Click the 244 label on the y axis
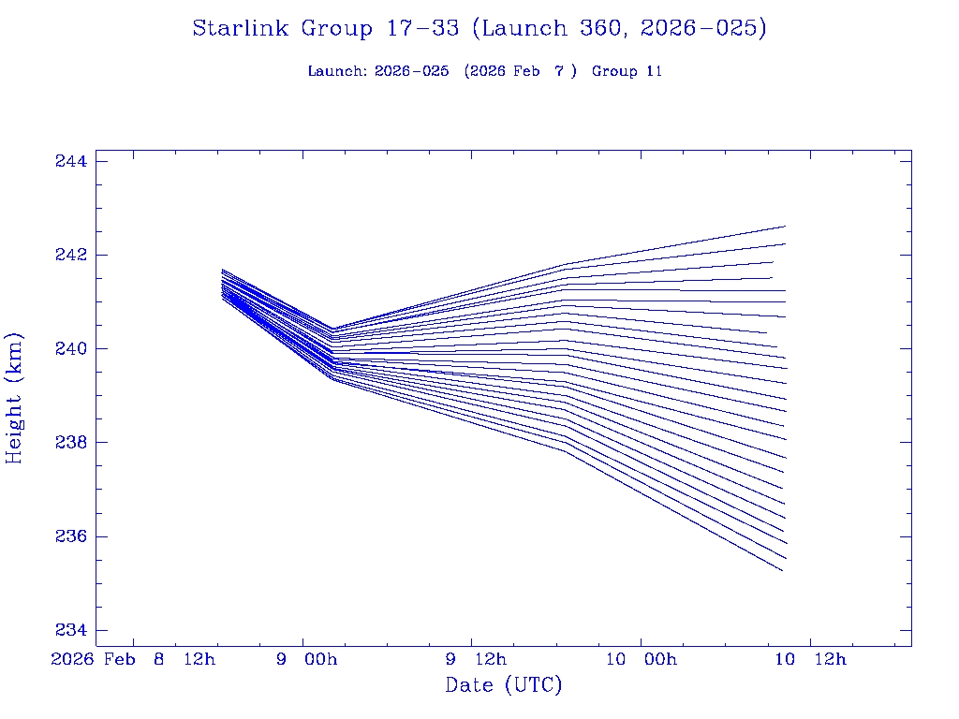click(x=71, y=161)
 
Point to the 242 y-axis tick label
click(x=71, y=255)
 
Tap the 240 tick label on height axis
click(x=71, y=348)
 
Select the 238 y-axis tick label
click(x=71, y=442)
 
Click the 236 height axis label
click(x=71, y=536)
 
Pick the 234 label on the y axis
click(x=71, y=630)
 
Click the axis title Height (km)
click(x=14, y=398)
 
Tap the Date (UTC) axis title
click(x=504, y=685)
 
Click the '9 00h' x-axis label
click(x=306, y=660)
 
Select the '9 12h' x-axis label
click(x=475, y=660)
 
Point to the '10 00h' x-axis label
click(x=641, y=660)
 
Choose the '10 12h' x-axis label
click(x=810, y=660)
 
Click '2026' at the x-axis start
click(x=73, y=660)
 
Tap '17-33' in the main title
click(x=422, y=29)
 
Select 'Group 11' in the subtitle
click(x=627, y=71)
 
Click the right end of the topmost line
click(x=785, y=227)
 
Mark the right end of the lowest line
click(x=782, y=570)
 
